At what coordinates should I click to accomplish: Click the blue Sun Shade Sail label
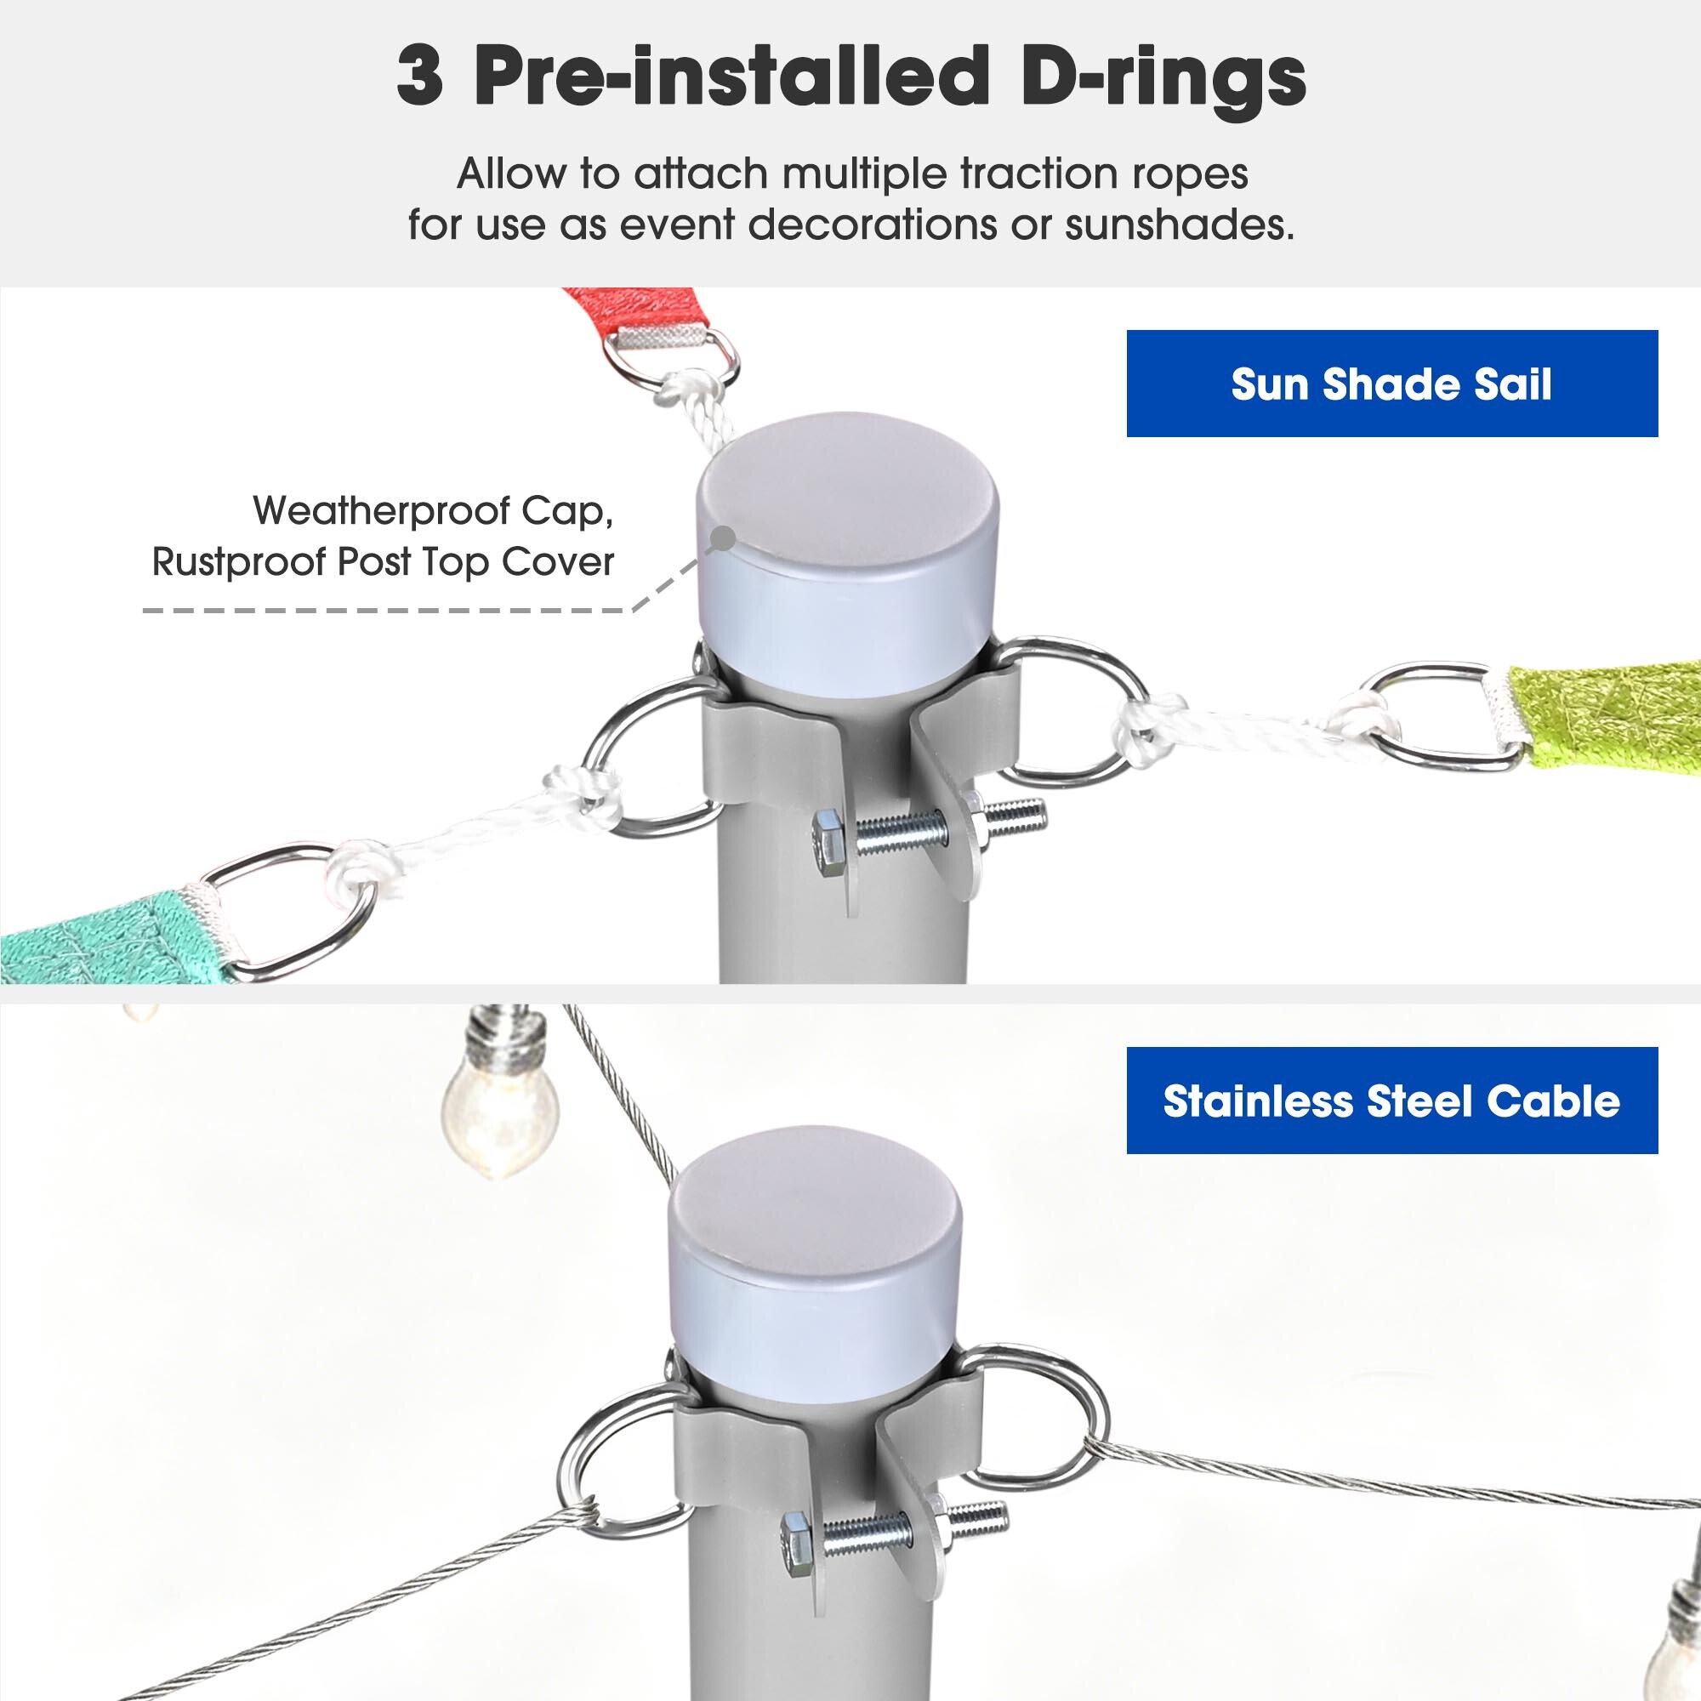(x=1392, y=383)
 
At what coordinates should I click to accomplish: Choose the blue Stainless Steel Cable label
(x=1392, y=1101)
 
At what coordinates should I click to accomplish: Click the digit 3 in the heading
(x=419, y=77)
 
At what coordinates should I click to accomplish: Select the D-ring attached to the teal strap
(x=287, y=911)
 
